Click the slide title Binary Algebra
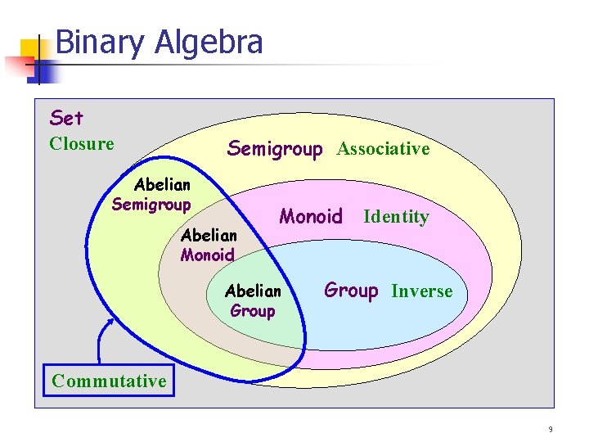[x=160, y=43]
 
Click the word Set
[x=66, y=119]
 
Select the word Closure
[x=82, y=144]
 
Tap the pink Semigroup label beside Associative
[x=275, y=148]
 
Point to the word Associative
[x=383, y=149]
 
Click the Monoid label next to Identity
[x=311, y=216]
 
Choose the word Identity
[x=396, y=217]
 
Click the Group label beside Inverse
[x=351, y=290]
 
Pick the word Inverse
[x=421, y=291]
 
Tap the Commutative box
[x=109, y=381]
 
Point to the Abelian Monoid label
[x=209, y=245]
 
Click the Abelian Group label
[x=253, y=300]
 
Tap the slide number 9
[x=551, y=429]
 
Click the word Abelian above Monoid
[x=209, y=236]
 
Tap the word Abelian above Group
[x=253, y=291]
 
